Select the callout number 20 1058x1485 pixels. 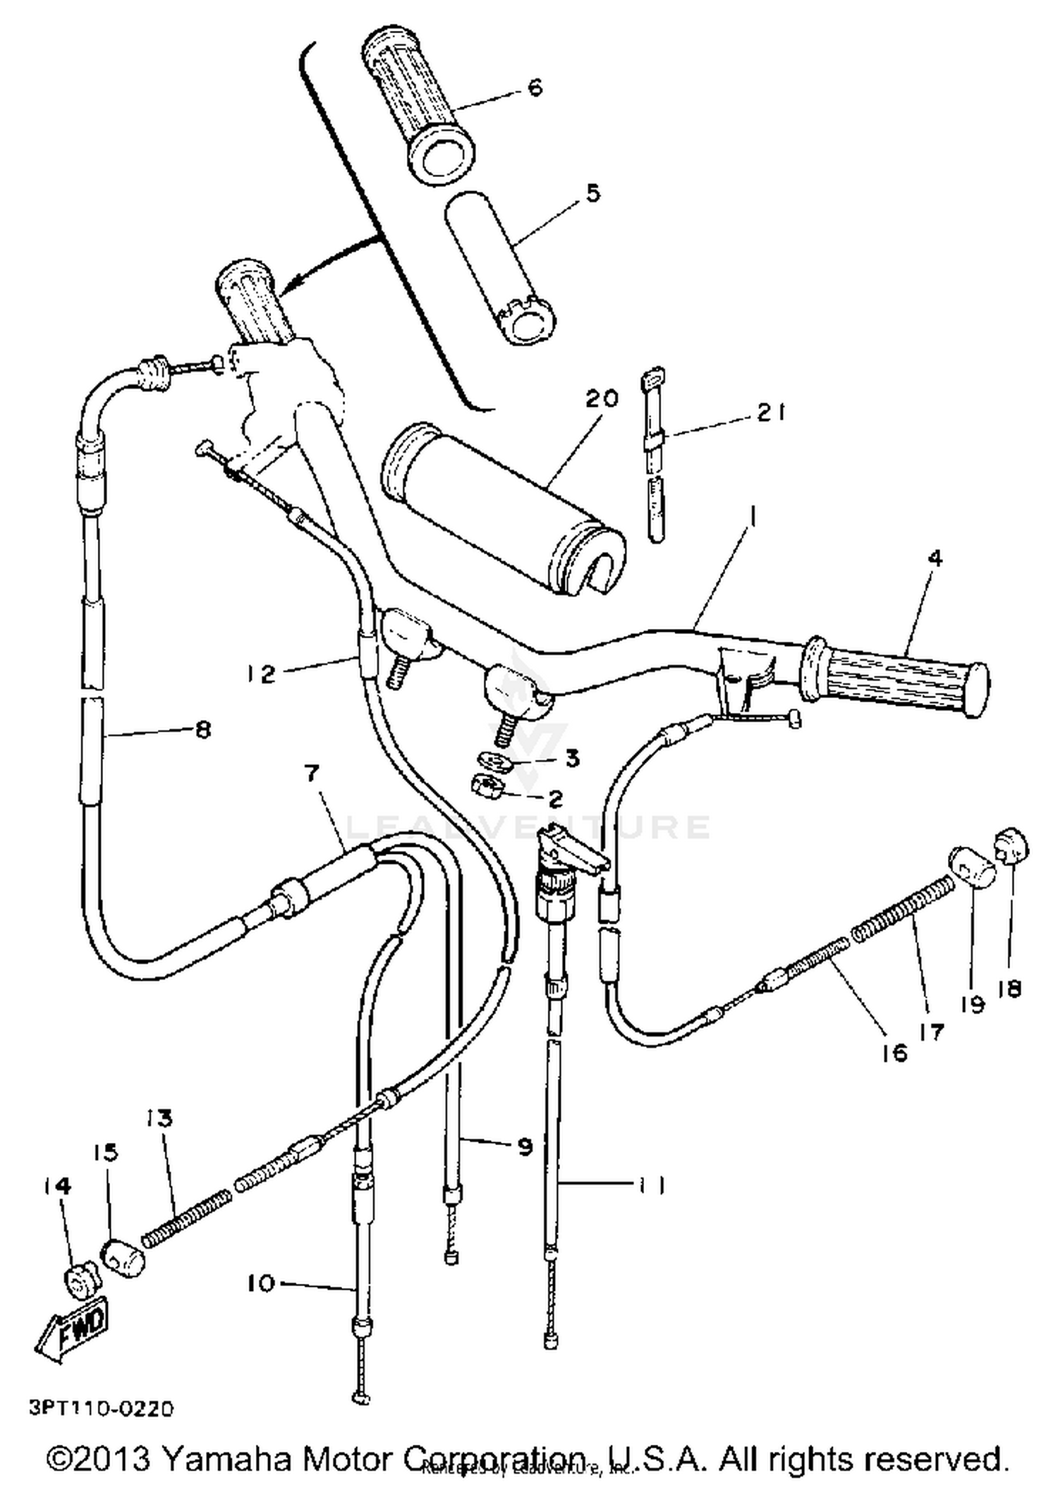[x=602, y=398]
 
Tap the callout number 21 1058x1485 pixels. [x=771, y=413]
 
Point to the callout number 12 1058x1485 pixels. [x=262, y=674]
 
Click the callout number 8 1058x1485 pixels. [x=203, y=729]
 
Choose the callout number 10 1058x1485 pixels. [x=261, y=1283]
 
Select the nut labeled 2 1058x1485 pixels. [x=488, y=784]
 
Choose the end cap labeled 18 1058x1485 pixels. [x=1012, y=845]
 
